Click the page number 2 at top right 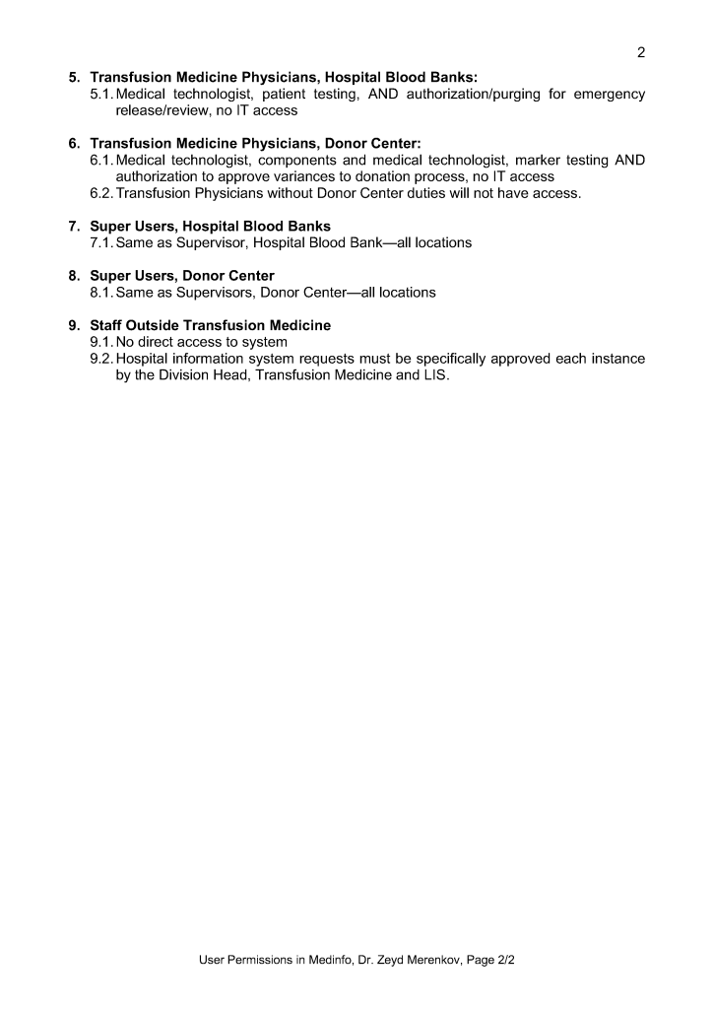(x=641, y=52)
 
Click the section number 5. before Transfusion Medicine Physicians (x=74, y=77)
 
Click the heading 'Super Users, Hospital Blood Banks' (x=210, y=226)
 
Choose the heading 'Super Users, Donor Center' (x=182, y=275)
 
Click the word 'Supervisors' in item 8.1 (x=214, y=292)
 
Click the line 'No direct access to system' (x=201, y=342)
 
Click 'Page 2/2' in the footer (x=486, y=958)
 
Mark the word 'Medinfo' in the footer (x=302, y=958)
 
